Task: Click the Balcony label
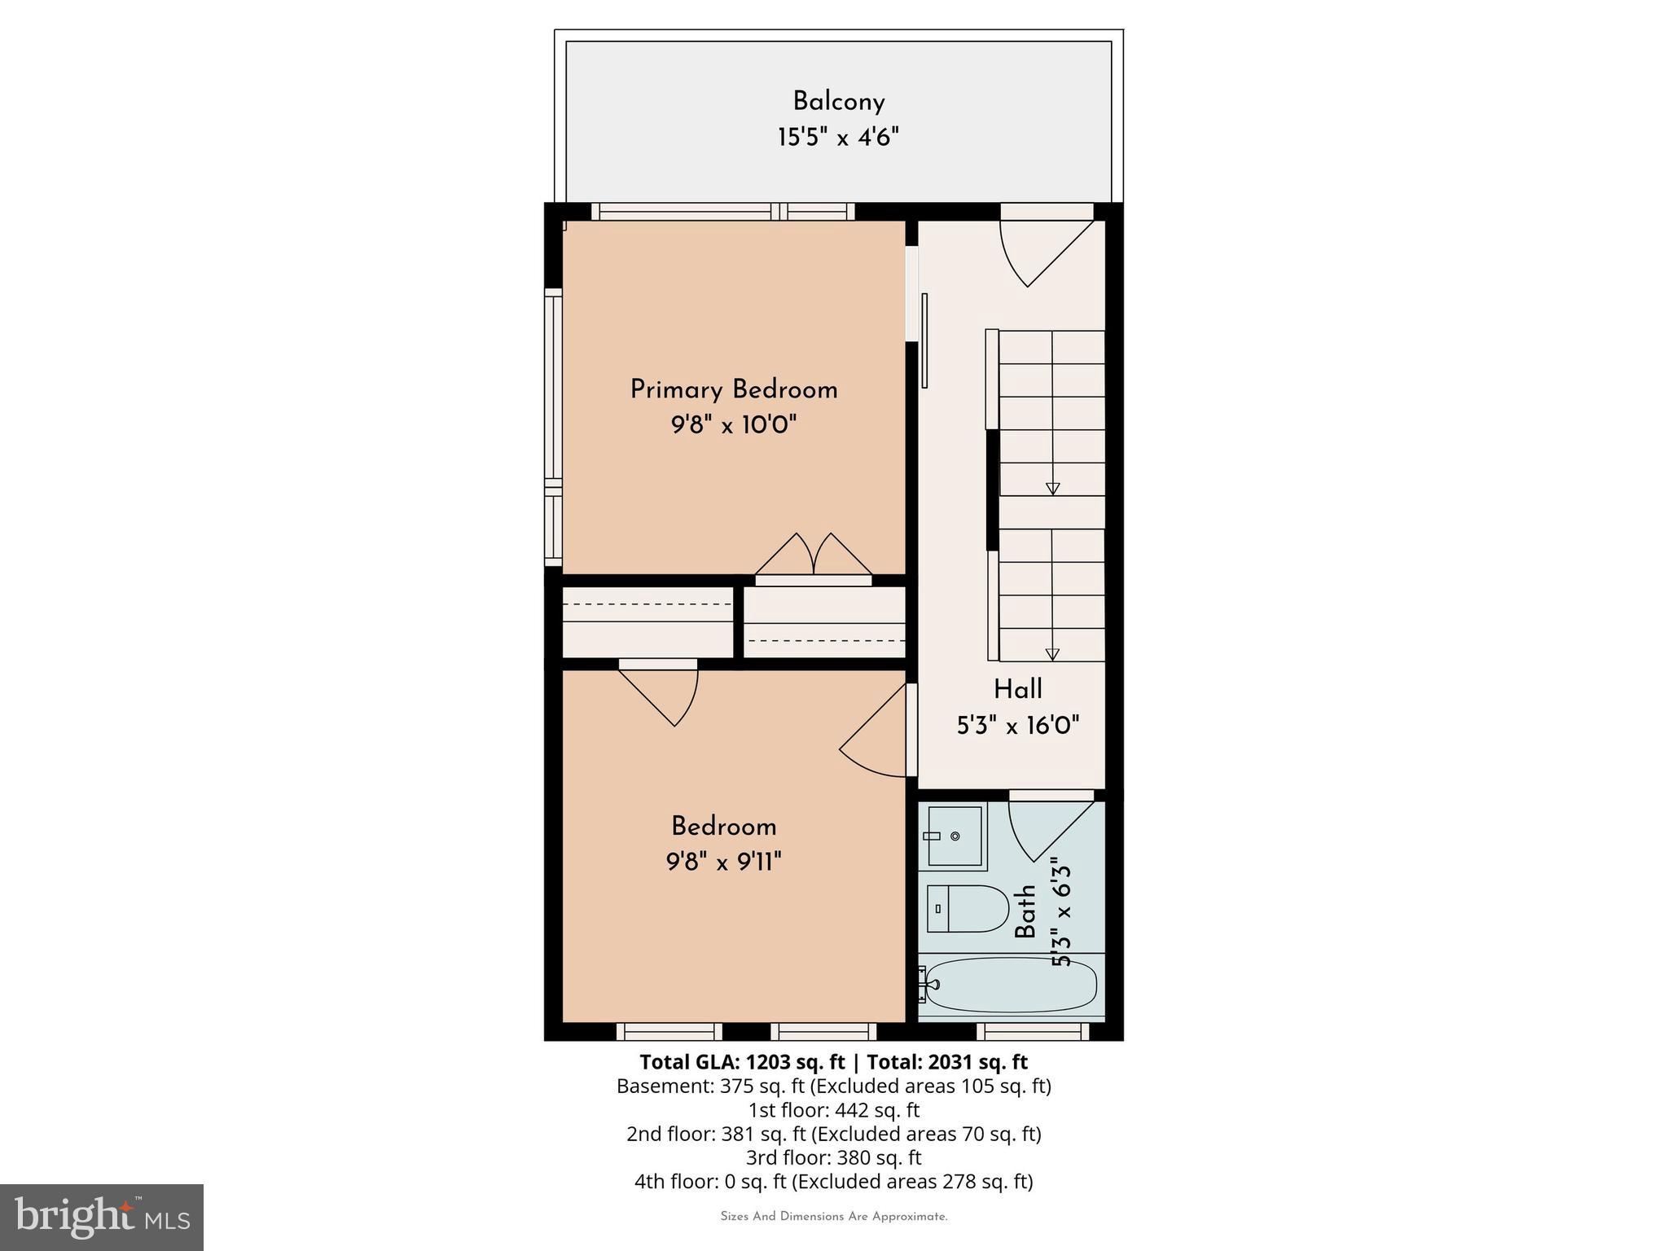(838, 102)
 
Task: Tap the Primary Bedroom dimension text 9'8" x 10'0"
(733, 424)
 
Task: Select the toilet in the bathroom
(966, 908)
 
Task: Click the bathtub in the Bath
(1011, 984)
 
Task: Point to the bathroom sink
(954, 836)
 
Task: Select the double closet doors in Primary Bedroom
(813, 556)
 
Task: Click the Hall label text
(1017, 689)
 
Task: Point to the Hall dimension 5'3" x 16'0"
(1017, 725)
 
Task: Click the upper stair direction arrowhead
(1052, 489)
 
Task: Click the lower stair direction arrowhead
(1052, 654)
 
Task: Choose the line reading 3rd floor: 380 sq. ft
(833, 1157)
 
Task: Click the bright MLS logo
(102, 1217)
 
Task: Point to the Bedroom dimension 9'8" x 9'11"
(723, 862)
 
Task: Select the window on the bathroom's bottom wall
(1033, 1031)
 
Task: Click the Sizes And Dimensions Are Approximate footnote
(833, 1217)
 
